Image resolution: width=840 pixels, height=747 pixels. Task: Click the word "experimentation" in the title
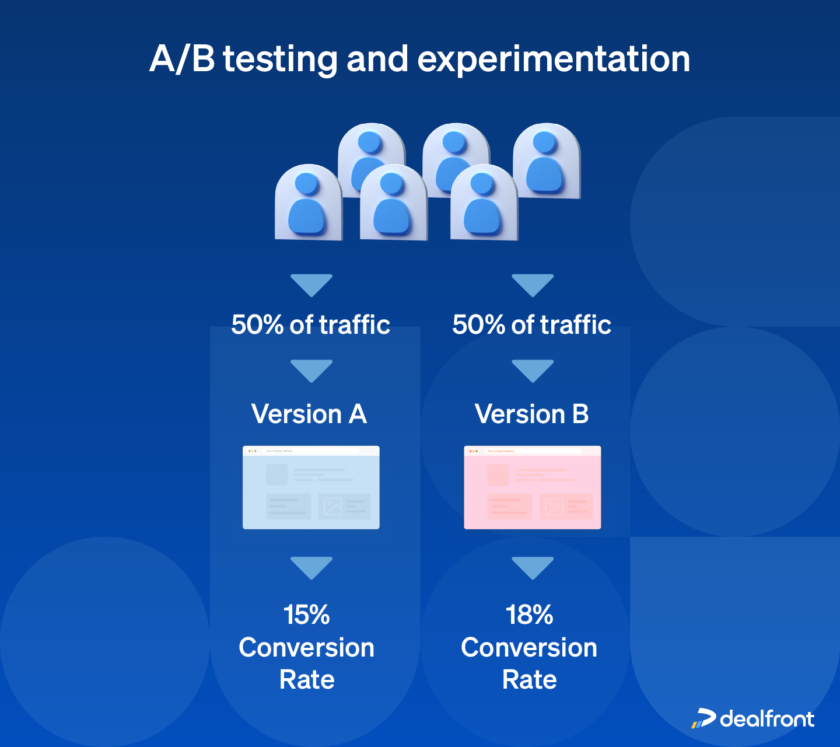pyautogui.click(x=554, y=60)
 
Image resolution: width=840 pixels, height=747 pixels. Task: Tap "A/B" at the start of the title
pyautogui.click(x=182, y=60)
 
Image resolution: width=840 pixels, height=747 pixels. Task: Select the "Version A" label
pyautogui.click(x=309, y=414)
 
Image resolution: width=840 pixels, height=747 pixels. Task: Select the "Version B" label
pyautogui.click(x=531, y=414)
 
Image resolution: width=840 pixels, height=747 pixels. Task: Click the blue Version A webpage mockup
pyautogui.click(x=311, y=488)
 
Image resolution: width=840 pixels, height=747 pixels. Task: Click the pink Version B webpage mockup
pyautogui.click(x=532, y=488)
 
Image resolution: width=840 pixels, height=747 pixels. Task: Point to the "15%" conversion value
pyautogui.click(x=307, y=615)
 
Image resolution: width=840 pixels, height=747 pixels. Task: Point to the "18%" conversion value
pyautogui.click(x=529, y=615)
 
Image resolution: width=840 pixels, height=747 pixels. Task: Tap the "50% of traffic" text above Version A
pyautogui.click(x=310, y=325)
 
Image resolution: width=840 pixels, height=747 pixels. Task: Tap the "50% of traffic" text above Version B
pyautogui.click(x=531, y=325)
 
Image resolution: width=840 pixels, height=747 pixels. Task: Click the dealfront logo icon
pyautogui.click(x=703, y=718)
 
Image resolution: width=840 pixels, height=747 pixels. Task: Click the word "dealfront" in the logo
pyautogui.click(x=767, y=719)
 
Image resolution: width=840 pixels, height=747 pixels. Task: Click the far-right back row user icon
pyautogui.click(x=546, y=161)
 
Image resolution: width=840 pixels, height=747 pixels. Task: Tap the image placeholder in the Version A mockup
pyautogui.click(x=332, y=506)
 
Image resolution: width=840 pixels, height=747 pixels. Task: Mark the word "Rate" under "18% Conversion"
pyautogui.click(x=530, y=680)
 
